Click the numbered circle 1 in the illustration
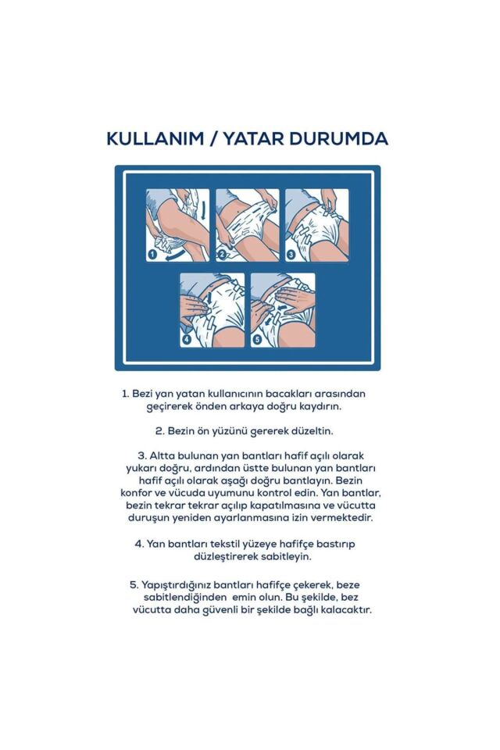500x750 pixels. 153,255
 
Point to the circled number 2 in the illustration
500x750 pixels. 222,255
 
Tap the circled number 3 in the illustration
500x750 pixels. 291,255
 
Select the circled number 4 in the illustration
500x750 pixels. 187,340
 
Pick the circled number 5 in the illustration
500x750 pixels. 256,340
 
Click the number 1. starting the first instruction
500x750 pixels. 125,394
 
